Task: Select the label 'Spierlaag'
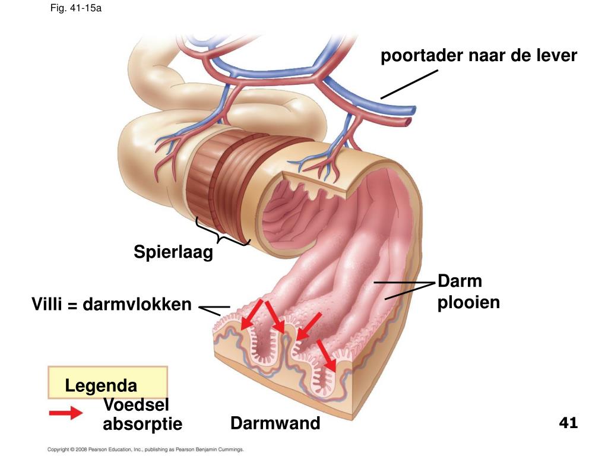(x=173, y=252)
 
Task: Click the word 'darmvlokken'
(x=137, y=305)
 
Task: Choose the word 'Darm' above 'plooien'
(x=460, y=281)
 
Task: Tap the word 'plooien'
(x=468, y=303)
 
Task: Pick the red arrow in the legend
(x=66, y=413)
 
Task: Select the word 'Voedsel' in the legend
(x=136, y=405)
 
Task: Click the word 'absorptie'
(x=142, y=425)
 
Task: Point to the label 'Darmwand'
(x=275, y=424)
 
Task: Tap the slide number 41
(x=568, y=423)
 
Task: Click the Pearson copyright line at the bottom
(x=145, y=450)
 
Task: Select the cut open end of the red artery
(x=407, y=122)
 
